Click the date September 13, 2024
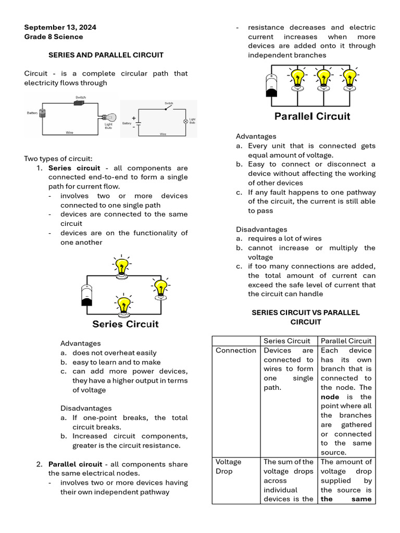tap(60, 27)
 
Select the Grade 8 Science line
tap(53, 36)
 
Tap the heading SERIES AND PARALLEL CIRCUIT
tap(106, 55)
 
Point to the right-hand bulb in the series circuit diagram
tap(161, 288)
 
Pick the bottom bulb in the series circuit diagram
tap(124, 307)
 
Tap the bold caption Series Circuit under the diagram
tap(125, 324)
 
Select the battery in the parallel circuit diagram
tap(271, 85)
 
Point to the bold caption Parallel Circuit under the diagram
tap(312, 116)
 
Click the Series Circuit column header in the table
tap(286, 341)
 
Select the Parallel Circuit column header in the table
tap(346, 341)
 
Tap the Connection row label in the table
tap(236, 350)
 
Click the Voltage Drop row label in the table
tap(229, 466)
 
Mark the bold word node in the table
tap(330, 397)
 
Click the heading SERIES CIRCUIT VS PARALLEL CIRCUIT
tap(306, 317)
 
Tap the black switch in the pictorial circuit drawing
tap(80, 103)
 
